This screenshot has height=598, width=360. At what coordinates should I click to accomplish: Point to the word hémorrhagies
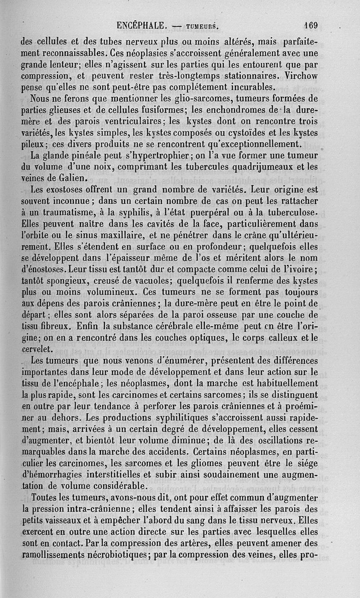point(50,474)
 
